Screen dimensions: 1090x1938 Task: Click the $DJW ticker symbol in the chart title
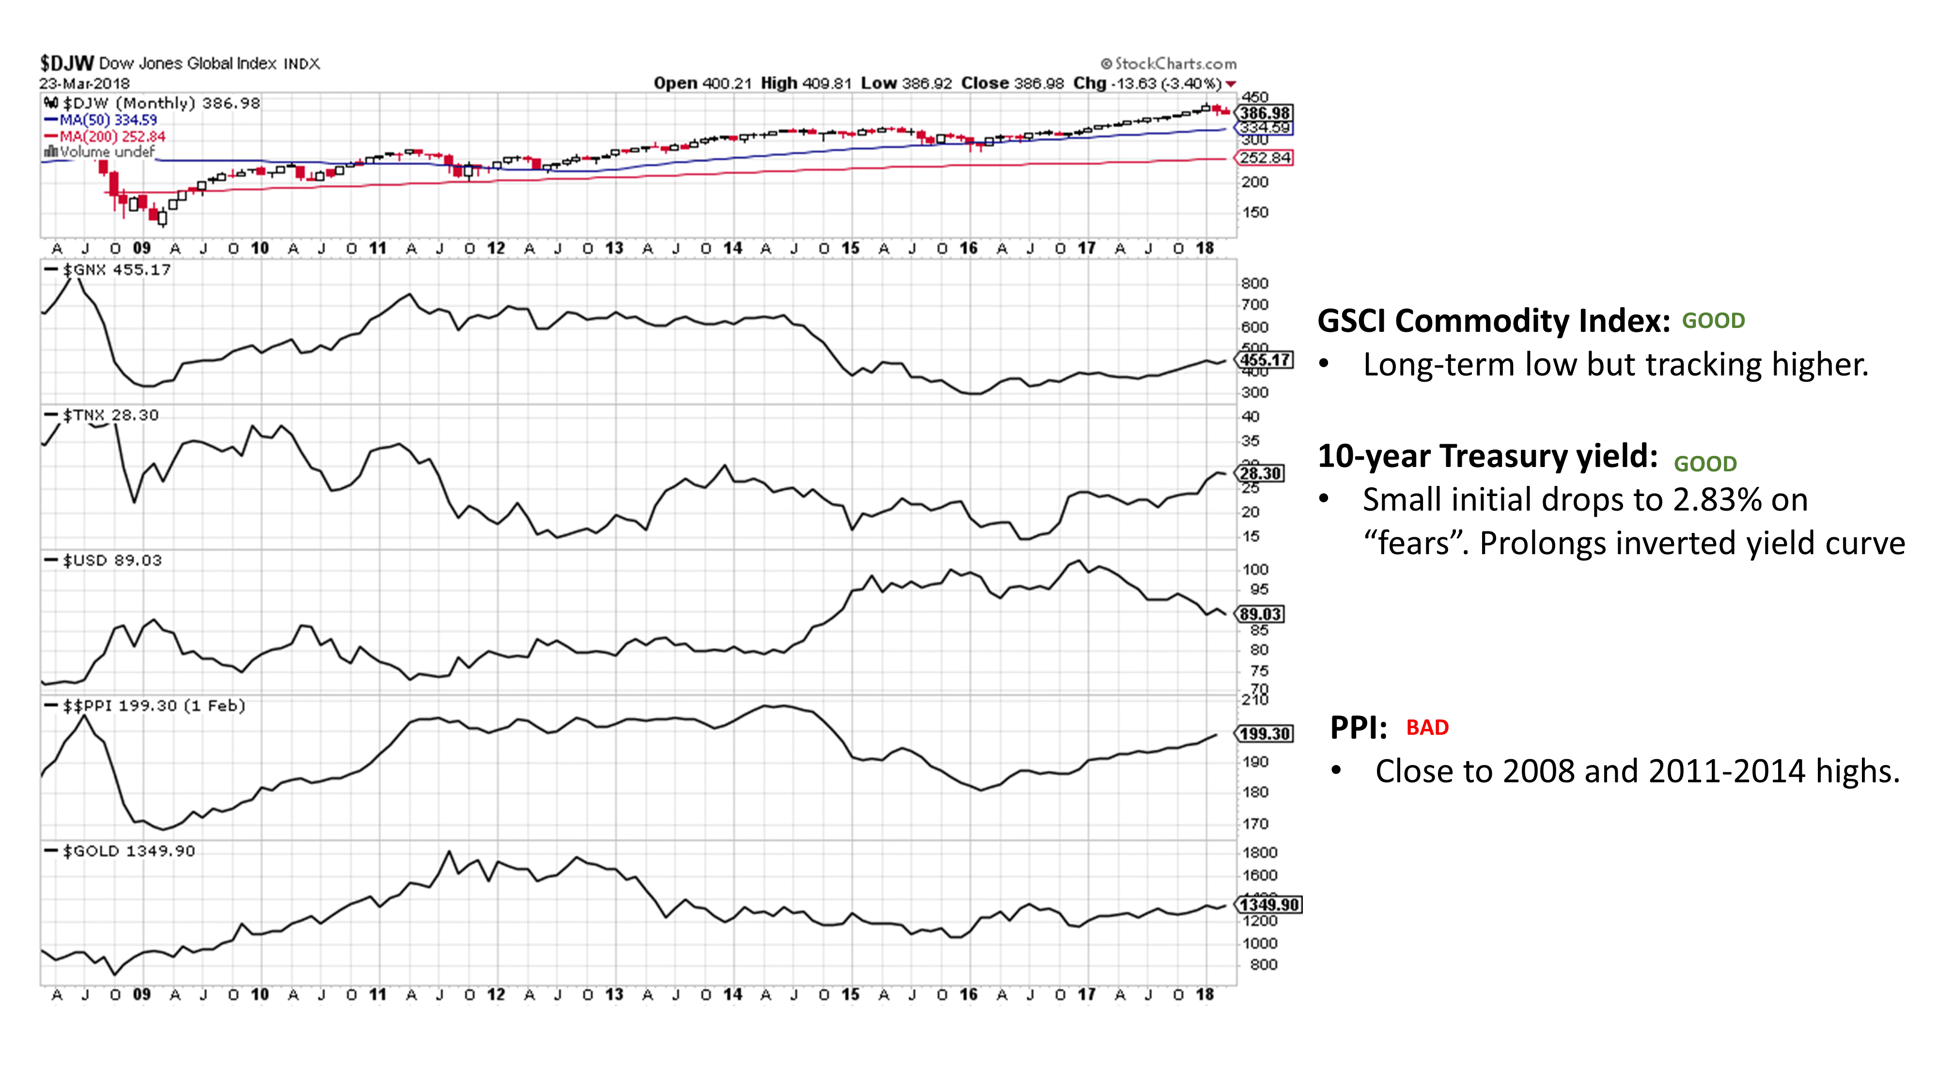coord(66,63)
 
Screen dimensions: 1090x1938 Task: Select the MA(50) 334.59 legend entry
coord(102,120)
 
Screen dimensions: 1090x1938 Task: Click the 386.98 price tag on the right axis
coord(1265,113)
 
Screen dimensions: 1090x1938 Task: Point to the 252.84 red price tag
coord(1265,158)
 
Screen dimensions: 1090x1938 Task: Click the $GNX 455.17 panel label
coord(109,269)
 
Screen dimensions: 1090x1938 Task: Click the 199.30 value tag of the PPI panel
coord(1265,733)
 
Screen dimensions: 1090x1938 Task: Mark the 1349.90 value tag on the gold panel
coord(1270,904)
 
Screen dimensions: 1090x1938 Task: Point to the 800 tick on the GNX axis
coord(1254,283)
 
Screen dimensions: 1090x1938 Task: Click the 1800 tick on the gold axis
coord(1259,852)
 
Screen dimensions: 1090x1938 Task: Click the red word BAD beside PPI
coord(1427,728)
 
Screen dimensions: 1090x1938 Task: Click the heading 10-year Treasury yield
coord(1487,456)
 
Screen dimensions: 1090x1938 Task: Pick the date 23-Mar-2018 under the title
coord(84,83)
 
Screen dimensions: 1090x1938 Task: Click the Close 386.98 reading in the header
coord(1012,83)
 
